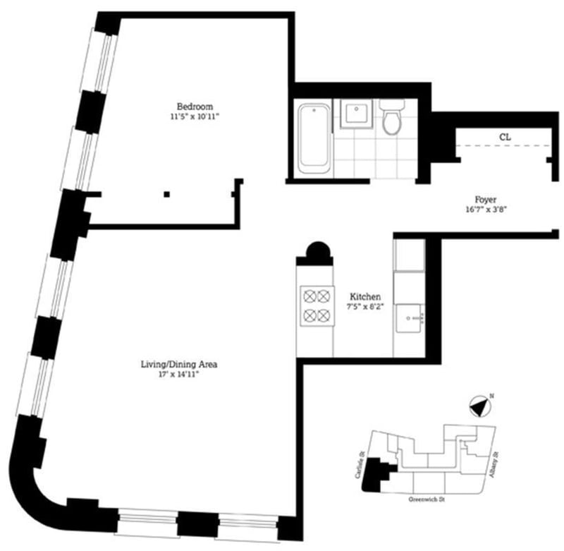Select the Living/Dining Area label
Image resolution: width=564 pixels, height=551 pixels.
tap(178, 365)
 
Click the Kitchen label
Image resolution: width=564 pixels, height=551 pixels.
tap(366, 297)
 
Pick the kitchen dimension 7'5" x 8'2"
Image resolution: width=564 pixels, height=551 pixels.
tap(366, 307)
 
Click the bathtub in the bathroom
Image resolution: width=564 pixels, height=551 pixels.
tap(313, 138)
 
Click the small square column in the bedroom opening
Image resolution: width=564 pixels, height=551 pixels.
tap(167, 194)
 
